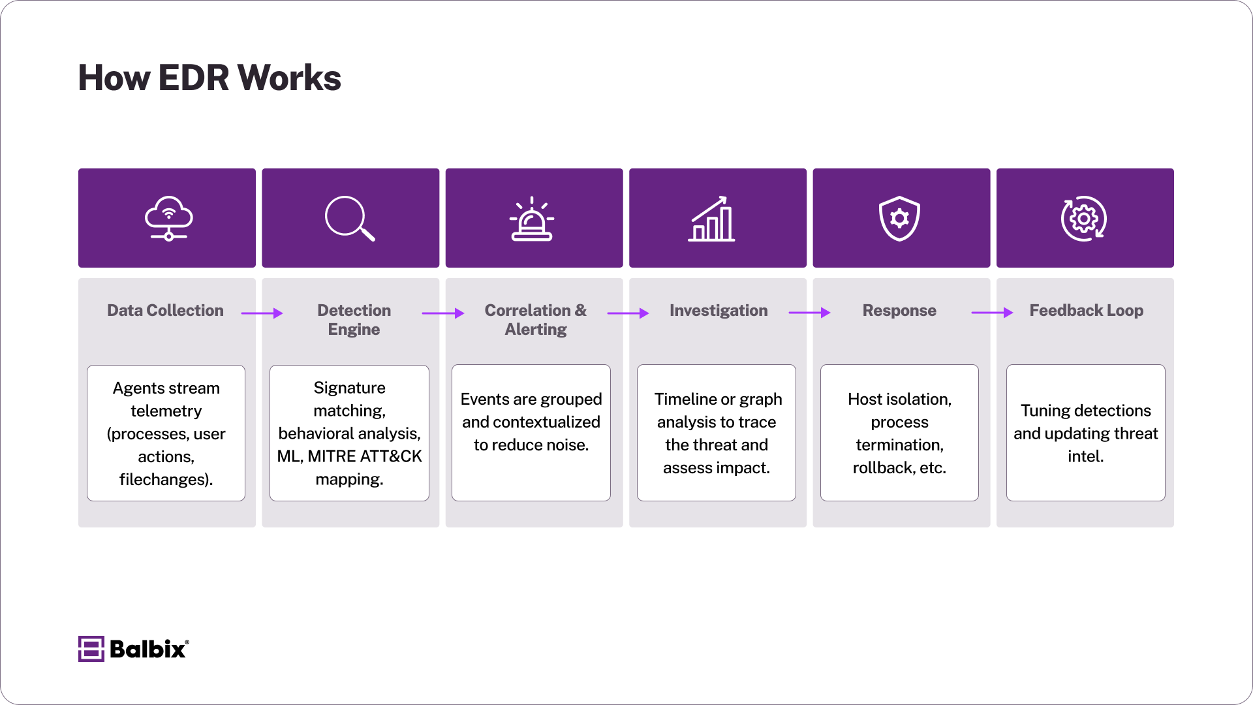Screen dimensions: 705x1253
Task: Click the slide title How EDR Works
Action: pyautogui.click(x=209, y=78)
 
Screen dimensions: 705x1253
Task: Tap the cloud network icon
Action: pyautogui.click(x=168, y=219)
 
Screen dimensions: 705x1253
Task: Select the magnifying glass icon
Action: pyautogui.click(x=350, y=219)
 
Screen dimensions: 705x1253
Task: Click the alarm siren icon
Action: pyautogui.click(x=532, y=219)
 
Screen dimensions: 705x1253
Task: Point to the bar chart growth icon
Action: pyautogui.click(x=711, y=219)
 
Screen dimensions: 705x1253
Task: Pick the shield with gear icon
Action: pyautogui.click(x=899, y=219)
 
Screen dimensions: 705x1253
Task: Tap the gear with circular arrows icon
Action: pyautogui.click(x=1083, y=219)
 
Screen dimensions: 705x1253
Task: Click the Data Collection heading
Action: pyautogui.click(x=165, y=311)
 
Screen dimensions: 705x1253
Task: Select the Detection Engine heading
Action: pyautogui.click(x=354, y=320)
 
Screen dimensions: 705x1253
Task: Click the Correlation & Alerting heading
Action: pyautogui.click(x=535, y=320)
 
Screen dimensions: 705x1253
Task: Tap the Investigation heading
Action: pyautogui.click(x=719, y=311)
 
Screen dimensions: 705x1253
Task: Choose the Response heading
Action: pyautogui.click(x=899, y=311)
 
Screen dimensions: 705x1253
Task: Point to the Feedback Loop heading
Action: pyautogui.click(x=1086, y=311)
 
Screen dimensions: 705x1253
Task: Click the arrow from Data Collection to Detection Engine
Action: pyautogui.click(x=262, y=313)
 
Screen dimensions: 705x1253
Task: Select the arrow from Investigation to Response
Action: pyautogui.click(x=809, y=313)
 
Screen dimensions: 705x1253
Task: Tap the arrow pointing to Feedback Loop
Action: pyautogui.click(x=992, y=313)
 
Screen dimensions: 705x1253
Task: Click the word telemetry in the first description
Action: pyautogui.click(x=166, y=411)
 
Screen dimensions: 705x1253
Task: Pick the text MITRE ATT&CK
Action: pyautogui.click(x=365, y=456)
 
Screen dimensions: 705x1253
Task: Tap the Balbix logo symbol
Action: pyautogui.click(x=91, y=649)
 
